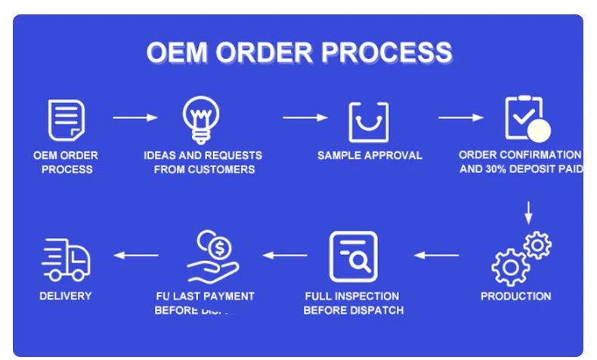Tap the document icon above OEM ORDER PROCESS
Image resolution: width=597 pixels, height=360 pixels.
pyautogui.click(x=66, y=119)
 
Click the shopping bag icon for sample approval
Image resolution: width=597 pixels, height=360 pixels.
pyautogui.click(x=368, y=121)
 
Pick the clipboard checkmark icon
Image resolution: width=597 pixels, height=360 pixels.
pyautogui.click(x=525, y=119)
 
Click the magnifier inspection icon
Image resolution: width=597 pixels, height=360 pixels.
pyautogui.click(x=353, y=257)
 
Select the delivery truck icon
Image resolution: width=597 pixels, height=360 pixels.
pyautogui.click(x=66, y=259)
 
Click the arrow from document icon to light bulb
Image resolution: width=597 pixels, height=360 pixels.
pyautogui.click(x=135, y=117)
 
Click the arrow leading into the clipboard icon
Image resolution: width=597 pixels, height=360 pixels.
pyautogui.click(x=461, y=117)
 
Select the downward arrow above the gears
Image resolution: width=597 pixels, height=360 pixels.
pyautogui.click(x=528, y=212)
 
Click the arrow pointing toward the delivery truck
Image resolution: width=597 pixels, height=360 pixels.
pyautogui.click(x=136, y=256)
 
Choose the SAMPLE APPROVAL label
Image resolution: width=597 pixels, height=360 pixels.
pyautogui.click(x=370, y=155)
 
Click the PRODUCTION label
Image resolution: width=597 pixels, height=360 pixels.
pyautogui.click(x=516, y=296)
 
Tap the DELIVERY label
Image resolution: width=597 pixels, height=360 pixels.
pyautogui.click(x=66, y=296)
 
